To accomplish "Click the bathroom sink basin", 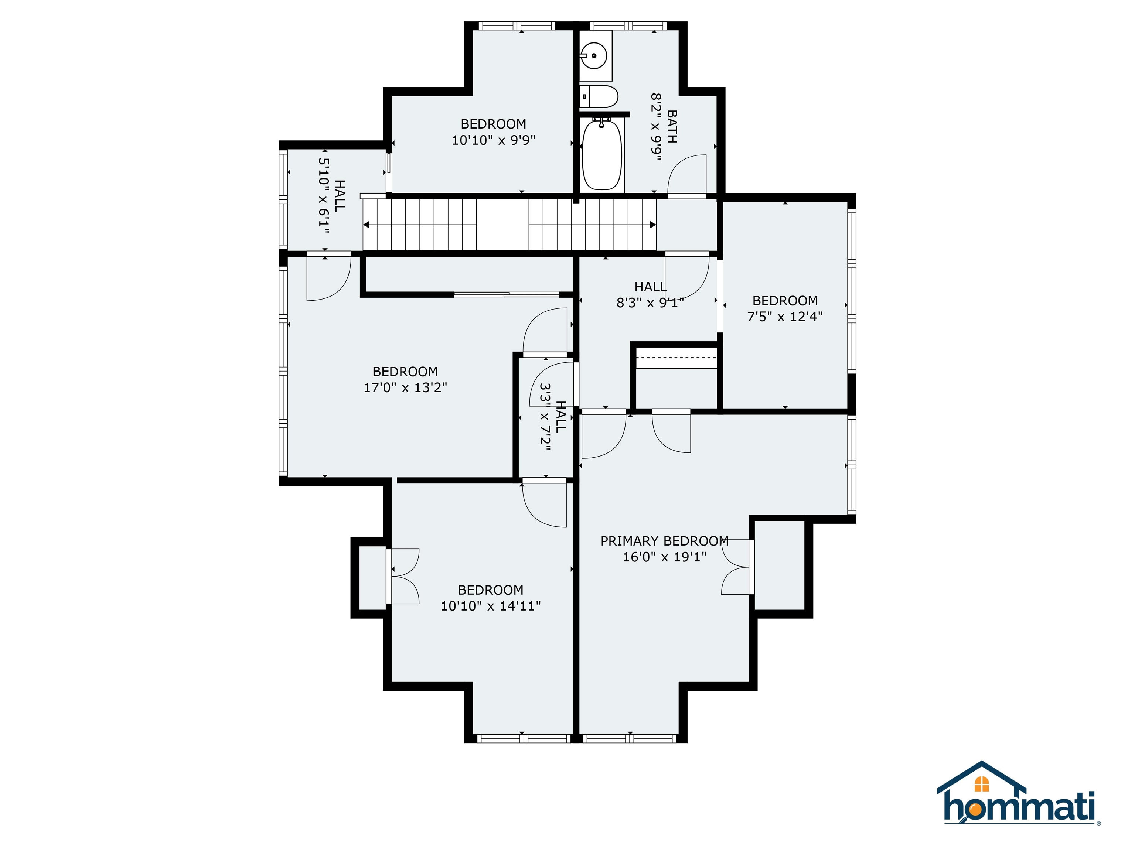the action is pos(594,55).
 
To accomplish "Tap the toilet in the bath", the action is pos(599,96).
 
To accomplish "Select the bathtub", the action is pos(602,154).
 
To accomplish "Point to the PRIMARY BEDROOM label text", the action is pos(664,541).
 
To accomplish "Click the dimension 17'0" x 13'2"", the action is pos(405,387).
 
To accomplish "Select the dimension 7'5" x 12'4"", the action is pos(785,317).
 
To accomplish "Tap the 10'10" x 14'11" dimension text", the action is pos(491,606).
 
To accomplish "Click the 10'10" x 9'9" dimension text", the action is pos(494,140).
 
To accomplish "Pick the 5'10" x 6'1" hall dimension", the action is pos(324,195).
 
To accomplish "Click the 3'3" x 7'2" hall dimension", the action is pos(545,417).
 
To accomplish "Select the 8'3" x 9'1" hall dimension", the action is pos(650,303).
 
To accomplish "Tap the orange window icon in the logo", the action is pos(982,784).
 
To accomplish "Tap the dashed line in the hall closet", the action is pos(676,358).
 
